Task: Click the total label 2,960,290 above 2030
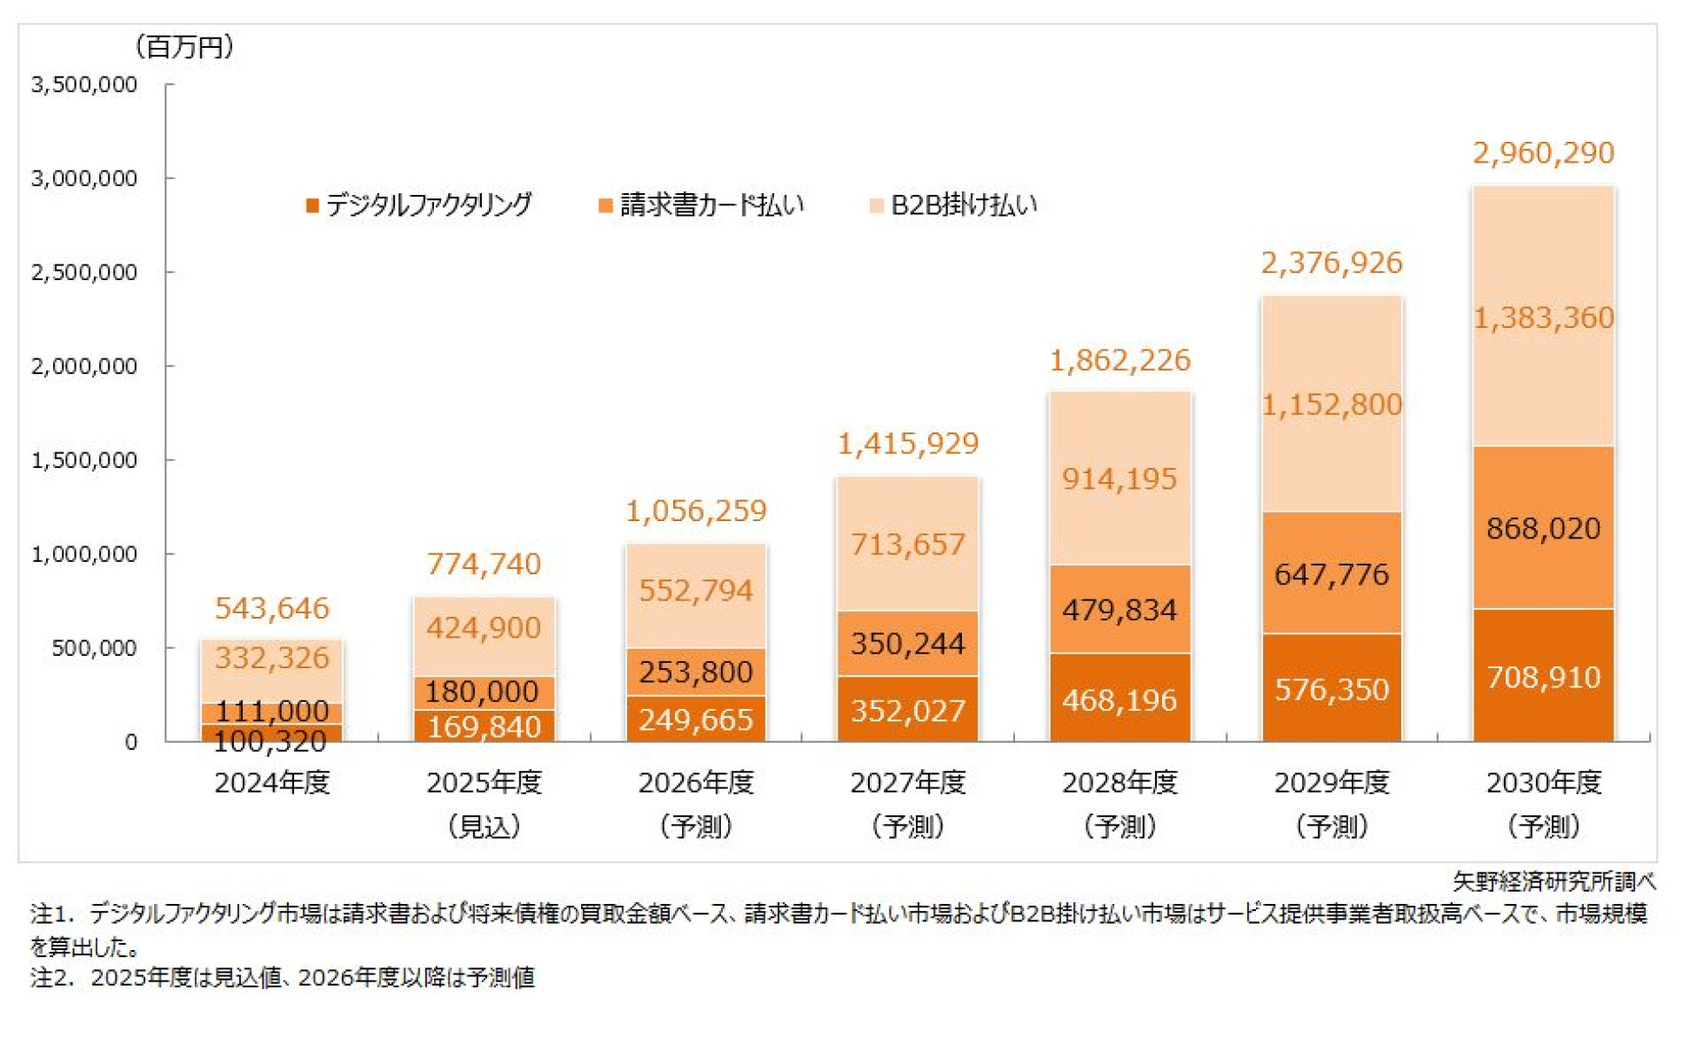[1542, 153]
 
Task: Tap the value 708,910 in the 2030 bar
[1542, 677]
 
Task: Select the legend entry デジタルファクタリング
[419, 205]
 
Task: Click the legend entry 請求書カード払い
[703, 205]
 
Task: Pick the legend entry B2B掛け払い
[954, 205]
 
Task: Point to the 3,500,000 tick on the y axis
[84, 84]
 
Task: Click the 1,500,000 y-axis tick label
[84, 459]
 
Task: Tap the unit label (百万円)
[184, 47]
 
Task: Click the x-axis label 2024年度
[272, 782]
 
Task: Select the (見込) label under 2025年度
[484, 826]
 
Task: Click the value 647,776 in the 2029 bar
[1331, 574]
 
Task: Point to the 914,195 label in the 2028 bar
[1119, 478]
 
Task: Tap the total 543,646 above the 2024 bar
[272, 608]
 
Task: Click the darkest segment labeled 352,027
[907, 711]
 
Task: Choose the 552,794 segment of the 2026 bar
[695, 591]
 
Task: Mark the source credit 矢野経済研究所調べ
[1553, 881]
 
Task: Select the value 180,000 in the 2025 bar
[482, 692]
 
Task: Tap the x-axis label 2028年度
[1119, 782]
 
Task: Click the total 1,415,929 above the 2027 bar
[907, 444]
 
